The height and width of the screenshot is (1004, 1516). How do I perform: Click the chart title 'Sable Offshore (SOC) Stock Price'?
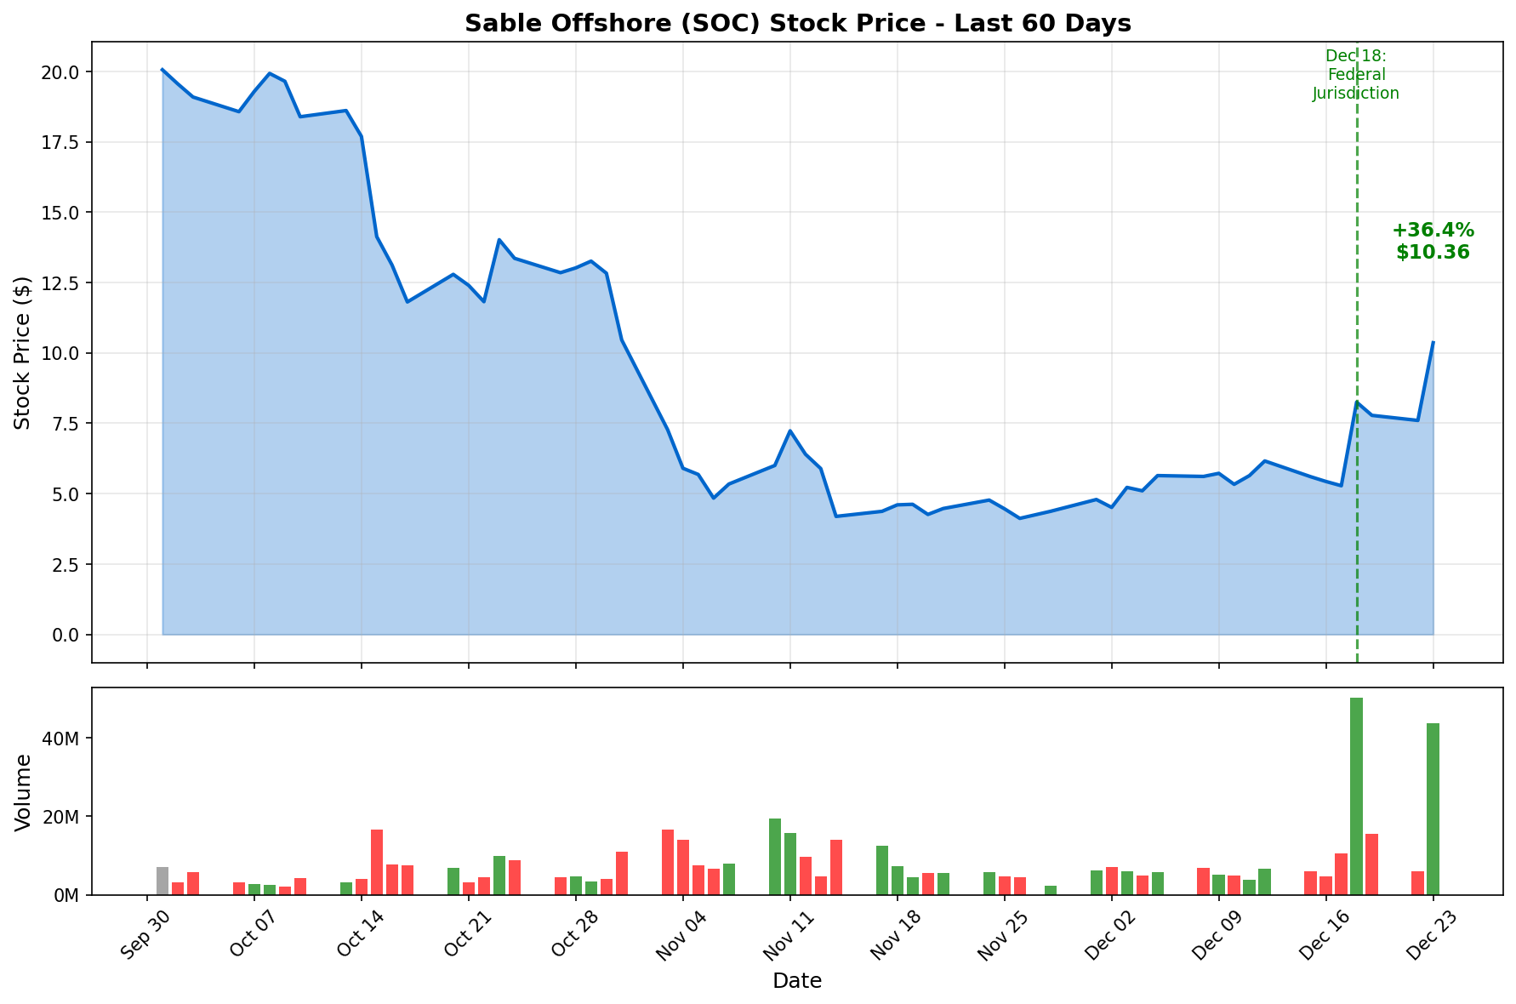click(x=797, y=24)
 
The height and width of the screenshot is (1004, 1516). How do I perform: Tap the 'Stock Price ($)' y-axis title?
click(x=23, y=352)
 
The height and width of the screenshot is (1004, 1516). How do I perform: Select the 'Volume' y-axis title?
click(x=23, y=791)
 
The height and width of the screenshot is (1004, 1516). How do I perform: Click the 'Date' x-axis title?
click(x=796, y=981)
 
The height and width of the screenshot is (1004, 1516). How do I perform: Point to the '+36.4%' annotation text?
click(x=1433, y=231)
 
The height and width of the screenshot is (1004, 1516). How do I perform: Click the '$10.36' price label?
click(x=1433, y=253)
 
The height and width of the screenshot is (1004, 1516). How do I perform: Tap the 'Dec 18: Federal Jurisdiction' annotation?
click(x=1355, y=75)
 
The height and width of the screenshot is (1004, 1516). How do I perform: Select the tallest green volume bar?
click(x=1356, y=796)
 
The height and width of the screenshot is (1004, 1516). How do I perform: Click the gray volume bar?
click(x=162, y=881)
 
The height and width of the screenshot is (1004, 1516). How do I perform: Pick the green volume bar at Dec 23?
click(x=1433, y=808)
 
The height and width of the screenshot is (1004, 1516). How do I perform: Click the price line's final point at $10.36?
click(x=1433, y=343)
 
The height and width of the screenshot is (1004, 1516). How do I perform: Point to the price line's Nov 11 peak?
click(x=789, y=431)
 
